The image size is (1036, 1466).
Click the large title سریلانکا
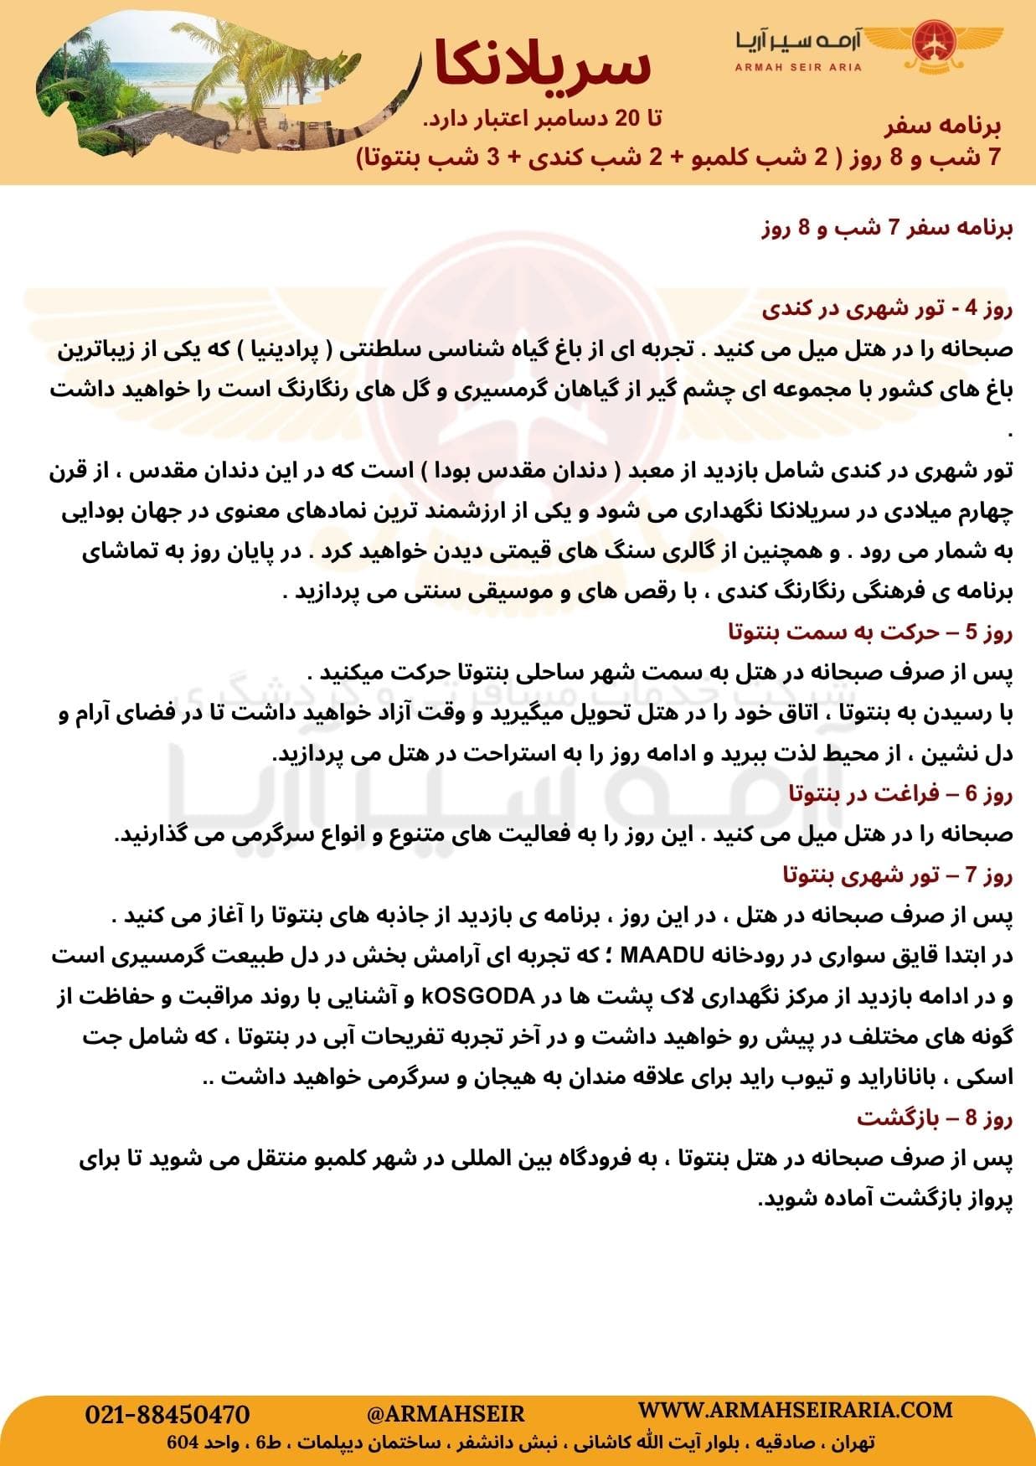(x=543, y=65)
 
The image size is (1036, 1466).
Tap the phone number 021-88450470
(x=168, y=1415)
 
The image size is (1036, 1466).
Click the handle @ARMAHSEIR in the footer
(x=446, y=1415)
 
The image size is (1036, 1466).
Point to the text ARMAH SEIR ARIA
(x=798, y=67)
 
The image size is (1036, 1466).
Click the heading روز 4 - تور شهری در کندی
(x=888, y=309)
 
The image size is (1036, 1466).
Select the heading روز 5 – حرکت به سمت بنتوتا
(x=871, y=632)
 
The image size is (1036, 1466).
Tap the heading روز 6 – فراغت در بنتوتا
(x=901, y=792)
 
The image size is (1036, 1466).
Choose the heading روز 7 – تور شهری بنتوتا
(x=898, y=875)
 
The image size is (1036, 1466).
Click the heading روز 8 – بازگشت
(x=935, y=1118)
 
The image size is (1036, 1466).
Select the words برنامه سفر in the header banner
(x=942, y=126)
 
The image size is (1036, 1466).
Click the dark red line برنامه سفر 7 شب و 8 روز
(x=888, y=229)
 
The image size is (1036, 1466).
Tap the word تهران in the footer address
(x=853, y=1443)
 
